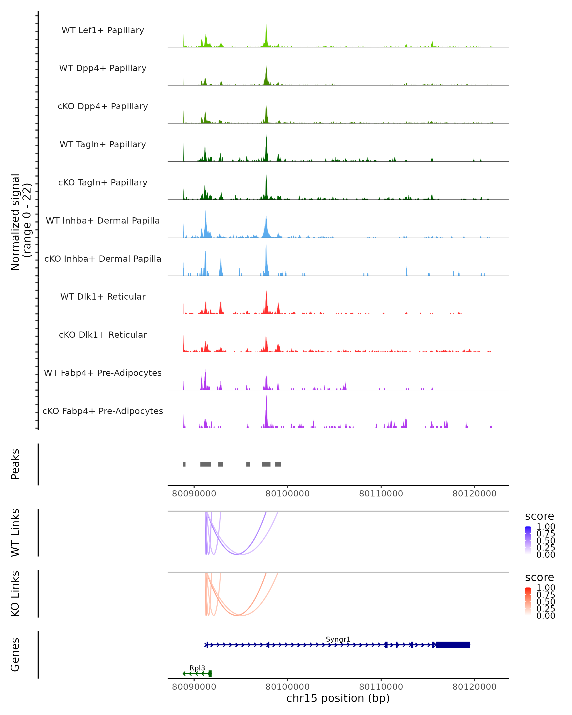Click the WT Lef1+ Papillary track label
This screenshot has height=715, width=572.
click(x=103, y=30)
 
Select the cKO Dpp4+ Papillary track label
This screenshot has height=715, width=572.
click(x=103, y=106)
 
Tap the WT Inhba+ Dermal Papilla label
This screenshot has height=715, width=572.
click(x=103, y=220)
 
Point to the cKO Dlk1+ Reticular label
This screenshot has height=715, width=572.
click(x=103, y=335)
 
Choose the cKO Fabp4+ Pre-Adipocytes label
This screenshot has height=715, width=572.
click(x=103, y=411)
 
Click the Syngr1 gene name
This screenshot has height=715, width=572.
click(x=338, y=639)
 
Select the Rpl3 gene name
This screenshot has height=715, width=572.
click(x=197, y=668)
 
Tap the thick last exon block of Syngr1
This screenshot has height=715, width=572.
click(x=453, y=645)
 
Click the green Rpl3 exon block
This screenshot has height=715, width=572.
click(x=210, y=674)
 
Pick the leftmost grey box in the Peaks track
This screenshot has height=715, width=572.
click(x=184, y=464)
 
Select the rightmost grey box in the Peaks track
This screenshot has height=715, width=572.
click(x=278, y=464)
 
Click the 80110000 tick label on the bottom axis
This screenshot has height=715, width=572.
click(x=381, y=686)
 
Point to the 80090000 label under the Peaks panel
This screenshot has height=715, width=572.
click(x=194, y=494)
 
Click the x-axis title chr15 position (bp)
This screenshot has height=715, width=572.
click(x=338, y=698)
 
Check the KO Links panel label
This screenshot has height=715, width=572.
click(x=15, y=594)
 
